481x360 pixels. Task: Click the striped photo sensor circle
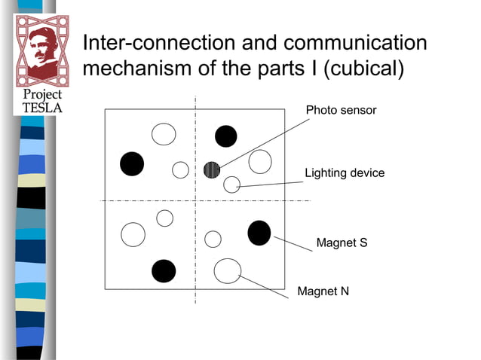[x=212, y=169]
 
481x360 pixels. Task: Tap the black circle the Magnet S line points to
[x=259, y=233]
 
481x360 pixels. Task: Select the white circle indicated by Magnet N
[x=227, y=270]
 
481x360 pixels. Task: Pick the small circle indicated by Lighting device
[x=231, y=184]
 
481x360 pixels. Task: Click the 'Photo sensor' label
[x=341, y=111]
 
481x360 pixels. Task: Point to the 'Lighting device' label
[x=344, y=173]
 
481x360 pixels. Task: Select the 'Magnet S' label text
[x=342, y=243]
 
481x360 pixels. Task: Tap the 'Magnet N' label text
[x=323, y=291]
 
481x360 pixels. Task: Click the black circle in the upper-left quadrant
[x=132, y=164]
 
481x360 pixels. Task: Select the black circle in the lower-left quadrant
[x=164, y=270]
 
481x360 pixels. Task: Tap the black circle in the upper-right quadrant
[x=225, y=136]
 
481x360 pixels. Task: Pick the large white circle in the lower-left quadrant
[x=133, y=234]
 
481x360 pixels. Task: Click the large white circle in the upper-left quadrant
[x=164, y=134]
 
